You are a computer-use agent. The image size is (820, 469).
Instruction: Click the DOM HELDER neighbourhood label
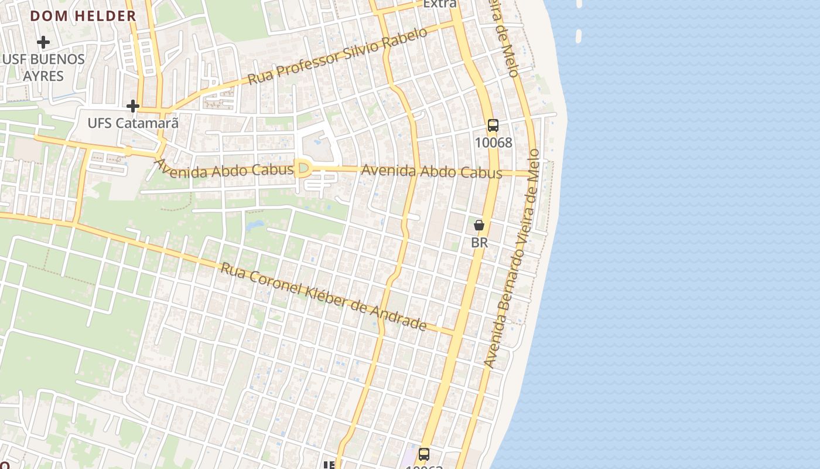(x=83, y=16)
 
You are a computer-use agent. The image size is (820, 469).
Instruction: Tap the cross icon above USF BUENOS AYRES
(x=43, y=42)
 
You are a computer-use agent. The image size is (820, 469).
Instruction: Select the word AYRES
(x=43, y=76)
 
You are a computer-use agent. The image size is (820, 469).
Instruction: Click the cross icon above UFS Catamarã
(x=133, y=106)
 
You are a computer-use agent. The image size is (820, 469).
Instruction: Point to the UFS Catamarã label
(x=133, y=123)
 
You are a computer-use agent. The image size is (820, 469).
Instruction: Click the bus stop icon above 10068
(x=493, y=125)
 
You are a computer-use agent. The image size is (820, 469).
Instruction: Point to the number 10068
(x=493, y=142)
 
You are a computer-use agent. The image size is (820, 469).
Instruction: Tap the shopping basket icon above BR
(x=479, y=225)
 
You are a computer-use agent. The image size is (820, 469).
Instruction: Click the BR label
(x=479, y=242)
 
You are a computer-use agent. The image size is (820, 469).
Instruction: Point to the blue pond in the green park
(x=256, y=225)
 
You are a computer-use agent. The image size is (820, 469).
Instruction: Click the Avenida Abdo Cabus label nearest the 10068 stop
(x=432, y=172)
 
